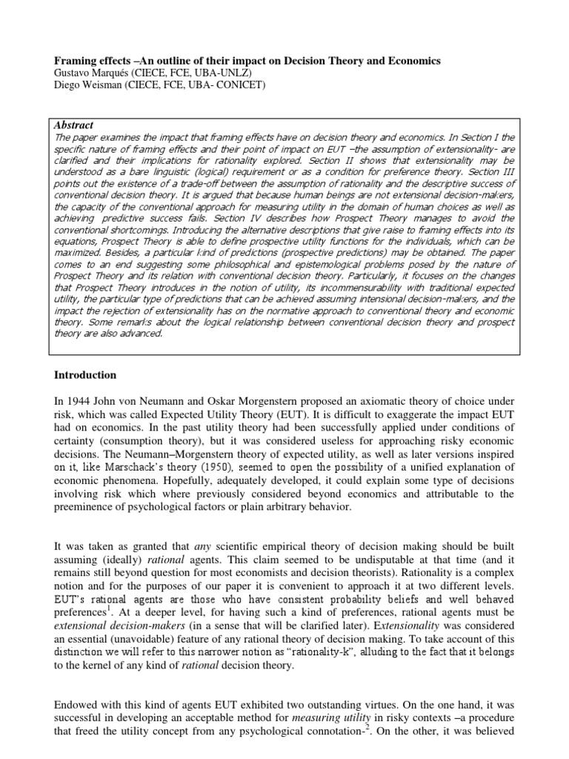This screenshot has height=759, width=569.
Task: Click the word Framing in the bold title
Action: coord(76,60)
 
